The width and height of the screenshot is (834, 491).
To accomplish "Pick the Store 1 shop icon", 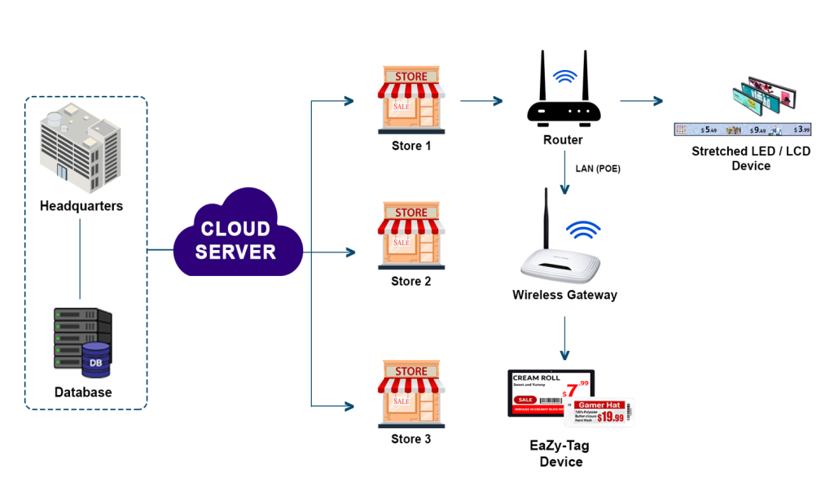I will click(410, 100).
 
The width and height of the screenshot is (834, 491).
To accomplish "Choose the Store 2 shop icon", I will click(410, 236).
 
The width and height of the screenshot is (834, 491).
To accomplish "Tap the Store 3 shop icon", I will click(410, 395).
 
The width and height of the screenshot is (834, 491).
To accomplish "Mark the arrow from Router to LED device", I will click(641, 102).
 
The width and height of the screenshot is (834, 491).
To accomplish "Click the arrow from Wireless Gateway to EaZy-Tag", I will click(564, 338).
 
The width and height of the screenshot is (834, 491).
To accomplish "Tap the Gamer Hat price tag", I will click(604, 413).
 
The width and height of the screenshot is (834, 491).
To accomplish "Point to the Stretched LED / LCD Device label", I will click(751, 158).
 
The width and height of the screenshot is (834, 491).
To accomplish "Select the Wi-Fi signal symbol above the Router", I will click(564, 78).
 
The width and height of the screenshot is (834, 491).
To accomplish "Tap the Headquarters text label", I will click(81, 206).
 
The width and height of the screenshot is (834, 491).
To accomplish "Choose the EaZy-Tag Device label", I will click(561, 454).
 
